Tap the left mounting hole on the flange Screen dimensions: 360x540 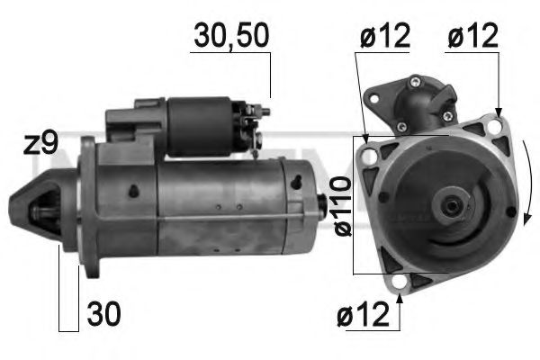pyautogui.click(x=365, y=157)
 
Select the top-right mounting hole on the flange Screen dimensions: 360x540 pyautogui.click(x=496, y=128)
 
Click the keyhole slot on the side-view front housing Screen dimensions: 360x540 pyautogui.click(x=132, y=192)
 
